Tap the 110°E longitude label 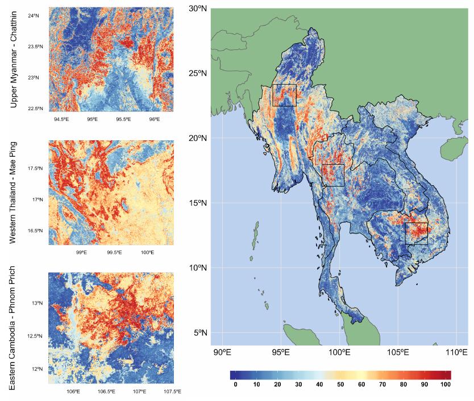tap(456, 353)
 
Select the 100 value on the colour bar tap(446, 385)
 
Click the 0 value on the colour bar tap(235, 385)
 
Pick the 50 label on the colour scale tap(340, 385)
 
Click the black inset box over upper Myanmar tap(284, 95)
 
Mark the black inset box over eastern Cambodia tap(416, 233)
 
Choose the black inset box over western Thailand tap(333, 175)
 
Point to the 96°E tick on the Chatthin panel tap(154, 120)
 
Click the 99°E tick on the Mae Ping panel tap(80, 253)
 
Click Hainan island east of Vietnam tap(448, 149)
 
